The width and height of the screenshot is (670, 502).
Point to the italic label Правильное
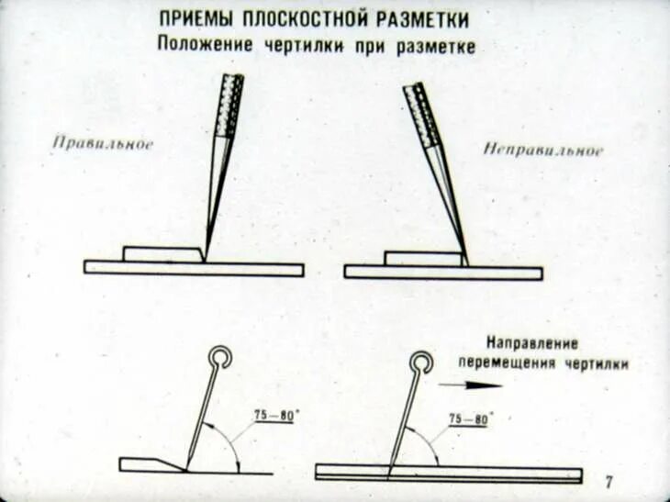pos(103,143)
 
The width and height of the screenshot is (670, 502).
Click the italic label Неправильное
pos(543,150)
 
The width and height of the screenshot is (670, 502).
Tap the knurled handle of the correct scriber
pos(229,104)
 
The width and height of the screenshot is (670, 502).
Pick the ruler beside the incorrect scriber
pos(422,259)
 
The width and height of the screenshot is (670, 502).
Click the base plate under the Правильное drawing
pos(193,269)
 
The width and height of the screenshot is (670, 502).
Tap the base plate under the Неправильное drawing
pos(442,273)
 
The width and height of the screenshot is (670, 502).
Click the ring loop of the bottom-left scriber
pos(220,355)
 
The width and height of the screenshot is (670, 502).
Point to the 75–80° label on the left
pos(274,416)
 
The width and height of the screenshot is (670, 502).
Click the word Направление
pos(532,345)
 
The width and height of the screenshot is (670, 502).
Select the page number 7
pos(609,483)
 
